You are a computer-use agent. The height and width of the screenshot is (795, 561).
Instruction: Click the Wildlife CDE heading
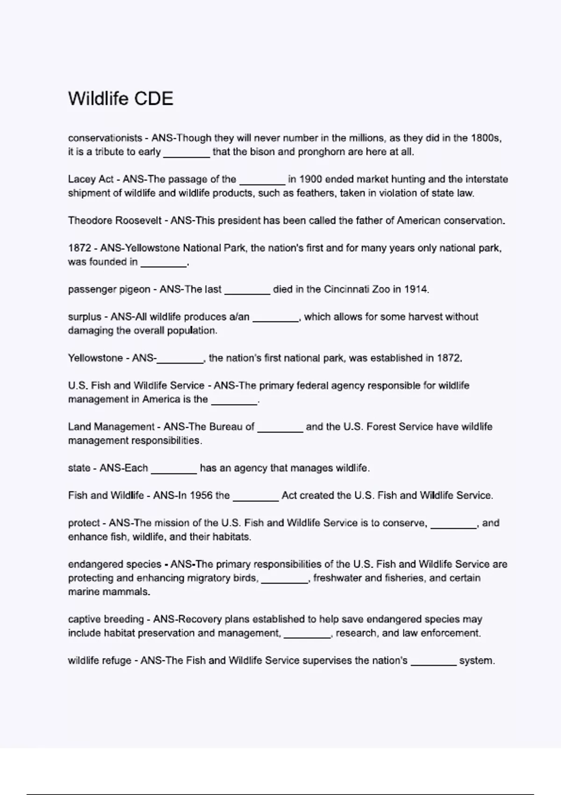[x=121, y=99]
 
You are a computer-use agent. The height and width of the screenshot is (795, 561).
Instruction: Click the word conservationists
[x=105, y=138]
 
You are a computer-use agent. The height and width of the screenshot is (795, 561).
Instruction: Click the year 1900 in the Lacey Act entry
[x=310, y=179]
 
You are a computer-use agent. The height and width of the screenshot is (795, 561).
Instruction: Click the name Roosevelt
[x=140, y=220]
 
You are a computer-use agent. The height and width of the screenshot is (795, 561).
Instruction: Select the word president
[x=237, y=220]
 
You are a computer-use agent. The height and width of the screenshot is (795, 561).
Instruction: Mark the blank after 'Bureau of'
[x=280, y=428]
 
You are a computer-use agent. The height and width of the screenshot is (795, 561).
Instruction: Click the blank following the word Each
[x=173, y=470]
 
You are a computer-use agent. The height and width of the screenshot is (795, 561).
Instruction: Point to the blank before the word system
[x=433, y=662]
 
